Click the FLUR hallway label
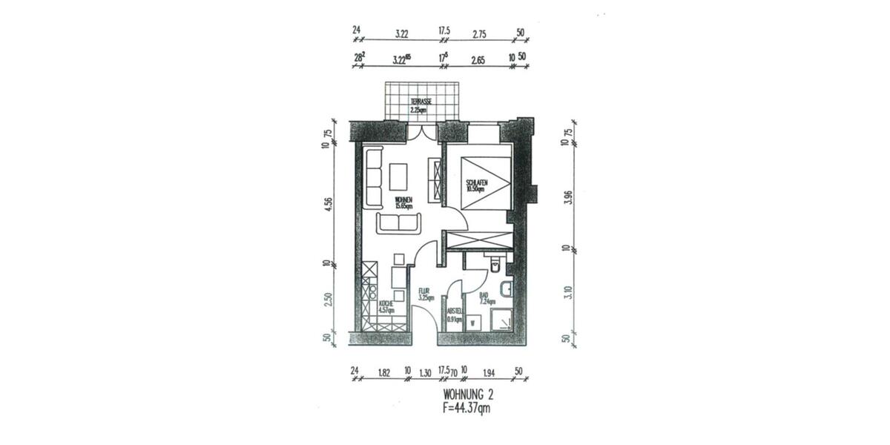(x=424, y=294)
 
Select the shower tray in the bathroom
(x=503, y=319)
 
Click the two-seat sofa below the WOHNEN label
(x=398, y=222)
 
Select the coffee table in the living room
(x=398, y=176)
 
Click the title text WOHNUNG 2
(x=467, y=394)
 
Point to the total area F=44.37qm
(x=467, y=407)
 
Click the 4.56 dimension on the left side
(x=327, y=205)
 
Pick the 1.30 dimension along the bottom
(x=425, y=371)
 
